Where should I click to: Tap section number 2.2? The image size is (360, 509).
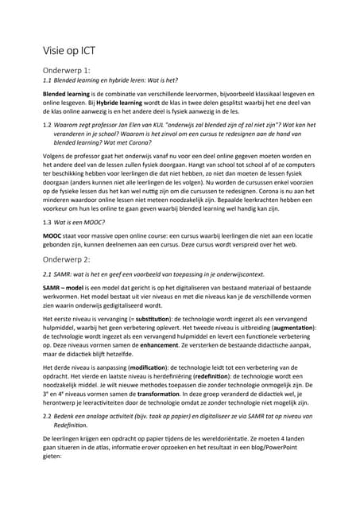47,416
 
